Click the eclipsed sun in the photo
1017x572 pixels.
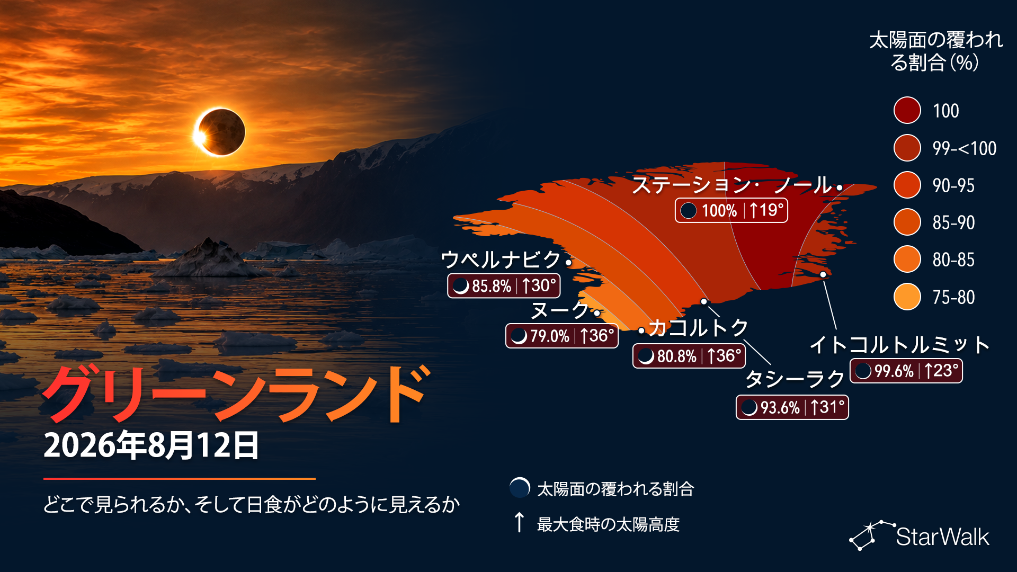(x=220, y=132)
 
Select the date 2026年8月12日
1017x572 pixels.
(x=151, y=445)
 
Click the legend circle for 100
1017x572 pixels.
(x=907, y=110)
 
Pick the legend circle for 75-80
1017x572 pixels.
(x=907, y=297)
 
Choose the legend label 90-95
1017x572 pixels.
(x=953, y=185)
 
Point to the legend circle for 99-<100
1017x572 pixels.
(x=907, y=148)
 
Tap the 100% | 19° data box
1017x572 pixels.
(x=731, y=210)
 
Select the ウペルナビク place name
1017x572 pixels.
(x=501, y=260)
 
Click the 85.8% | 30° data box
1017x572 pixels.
(x=504, y=286)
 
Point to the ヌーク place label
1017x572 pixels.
(x=560, y=310)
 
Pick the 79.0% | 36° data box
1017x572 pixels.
(x=562, y=336)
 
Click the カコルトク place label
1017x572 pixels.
(x=698, y=328)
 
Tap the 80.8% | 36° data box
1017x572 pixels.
(x=689, y=356)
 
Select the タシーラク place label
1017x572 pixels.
(x=795, y=379)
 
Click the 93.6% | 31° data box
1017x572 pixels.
(x=792, y=407)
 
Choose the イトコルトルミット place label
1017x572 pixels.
(x=899, y=345)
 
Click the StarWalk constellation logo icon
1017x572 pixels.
(x=871, y=535)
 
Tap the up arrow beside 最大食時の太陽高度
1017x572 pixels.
(x=520, y=522)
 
